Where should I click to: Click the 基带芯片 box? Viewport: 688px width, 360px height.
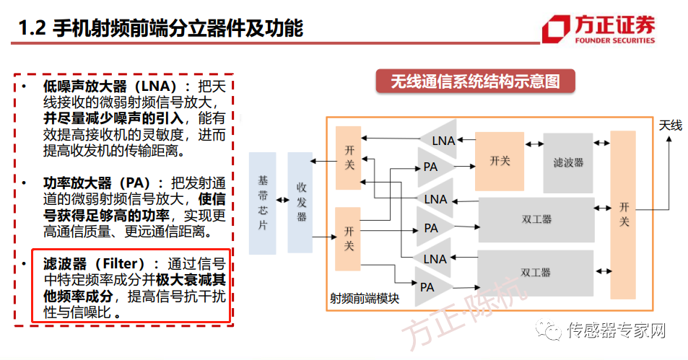262,203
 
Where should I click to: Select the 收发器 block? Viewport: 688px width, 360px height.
301,203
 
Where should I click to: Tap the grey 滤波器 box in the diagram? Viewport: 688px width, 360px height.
568,162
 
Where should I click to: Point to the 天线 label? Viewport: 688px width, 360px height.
670,126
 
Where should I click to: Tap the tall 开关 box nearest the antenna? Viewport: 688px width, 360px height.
623,214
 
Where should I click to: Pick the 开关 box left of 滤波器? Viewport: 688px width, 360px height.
500,161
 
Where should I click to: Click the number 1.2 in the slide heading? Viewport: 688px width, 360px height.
32,29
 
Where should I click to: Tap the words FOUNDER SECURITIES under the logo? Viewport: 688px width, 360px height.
616,41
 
